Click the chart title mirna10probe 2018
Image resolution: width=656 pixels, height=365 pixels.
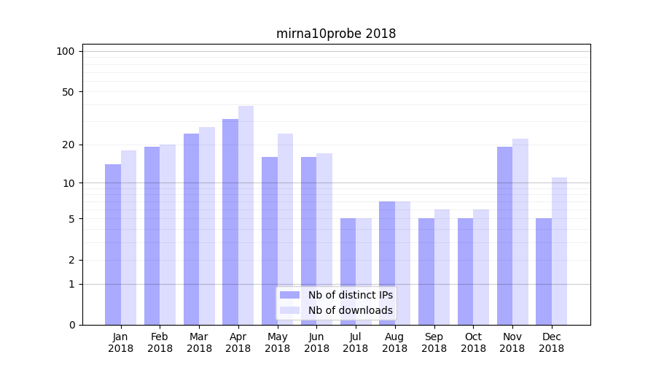tap(336, 34)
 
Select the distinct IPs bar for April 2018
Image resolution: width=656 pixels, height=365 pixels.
tap(230, 222)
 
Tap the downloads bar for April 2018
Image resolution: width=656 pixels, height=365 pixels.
tap(246, 215)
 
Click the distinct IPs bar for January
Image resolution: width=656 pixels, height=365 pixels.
tap(113, 245)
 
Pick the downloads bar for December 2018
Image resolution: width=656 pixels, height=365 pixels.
tap(559, 251)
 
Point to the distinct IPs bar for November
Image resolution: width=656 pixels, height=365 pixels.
tap(504, 236)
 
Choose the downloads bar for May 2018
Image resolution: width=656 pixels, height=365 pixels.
tap(285, 229)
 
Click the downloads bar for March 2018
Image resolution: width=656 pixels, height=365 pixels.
tap(207, 226)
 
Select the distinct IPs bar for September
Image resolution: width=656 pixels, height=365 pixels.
tap(426, 272)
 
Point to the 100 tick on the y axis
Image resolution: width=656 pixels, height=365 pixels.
tap(66, 51)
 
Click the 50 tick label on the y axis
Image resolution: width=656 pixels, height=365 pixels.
tap(69, 92)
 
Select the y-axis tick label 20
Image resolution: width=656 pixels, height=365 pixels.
tap(69, 145)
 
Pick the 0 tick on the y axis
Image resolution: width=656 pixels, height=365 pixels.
tap(71, 325)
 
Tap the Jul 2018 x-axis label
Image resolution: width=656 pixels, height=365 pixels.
tap(356, 342)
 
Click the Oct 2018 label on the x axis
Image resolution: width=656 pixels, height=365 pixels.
tap(473, 342)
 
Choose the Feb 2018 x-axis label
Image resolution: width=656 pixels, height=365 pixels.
tap(160, 342)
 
